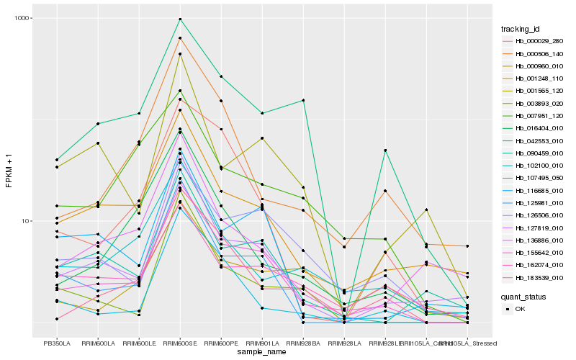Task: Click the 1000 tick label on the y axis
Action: [22, 18]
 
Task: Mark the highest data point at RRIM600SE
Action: [180, 19]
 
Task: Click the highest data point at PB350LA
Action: [57, 160]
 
